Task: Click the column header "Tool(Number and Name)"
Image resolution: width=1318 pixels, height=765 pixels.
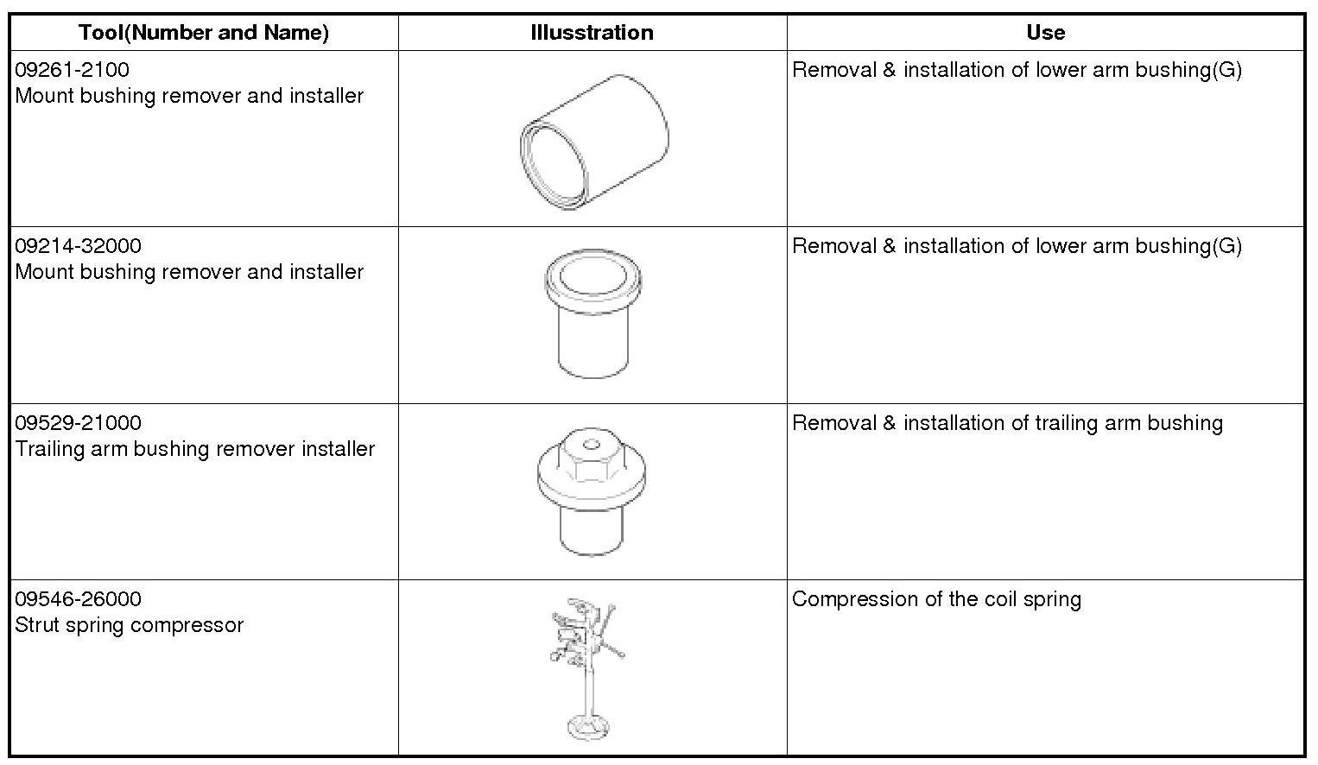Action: tap(204, 33)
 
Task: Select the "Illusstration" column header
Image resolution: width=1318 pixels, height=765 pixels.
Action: tap(592, 33)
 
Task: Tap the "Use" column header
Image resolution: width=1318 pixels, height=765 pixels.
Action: tap(1045, 33)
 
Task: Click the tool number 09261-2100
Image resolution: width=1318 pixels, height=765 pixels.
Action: tap(73, 70)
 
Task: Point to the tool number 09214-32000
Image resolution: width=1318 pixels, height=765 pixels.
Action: tap(79, 246)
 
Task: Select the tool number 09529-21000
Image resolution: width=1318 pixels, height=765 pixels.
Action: tap(79, 423)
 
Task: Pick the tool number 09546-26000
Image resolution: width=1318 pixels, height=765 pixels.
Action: tap(79, 599)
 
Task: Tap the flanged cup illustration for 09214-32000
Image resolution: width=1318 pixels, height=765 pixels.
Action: tap(592, 314)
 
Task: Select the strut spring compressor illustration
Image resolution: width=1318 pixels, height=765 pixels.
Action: tap(587, 665)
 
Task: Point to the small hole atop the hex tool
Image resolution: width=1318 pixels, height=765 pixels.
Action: tap(591, 446)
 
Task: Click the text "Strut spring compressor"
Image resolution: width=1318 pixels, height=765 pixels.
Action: tap(130, 625)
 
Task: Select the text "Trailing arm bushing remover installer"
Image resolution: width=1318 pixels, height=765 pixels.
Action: tap(195, 449)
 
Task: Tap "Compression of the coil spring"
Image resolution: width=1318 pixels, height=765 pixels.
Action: tap(936, 599)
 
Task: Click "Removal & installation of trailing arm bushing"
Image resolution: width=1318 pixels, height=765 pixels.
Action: tap(1007, 423)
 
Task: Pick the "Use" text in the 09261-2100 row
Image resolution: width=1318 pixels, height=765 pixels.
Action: tap(1017, 70)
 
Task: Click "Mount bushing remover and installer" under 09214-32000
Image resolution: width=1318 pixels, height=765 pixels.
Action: tap(189, 272)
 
